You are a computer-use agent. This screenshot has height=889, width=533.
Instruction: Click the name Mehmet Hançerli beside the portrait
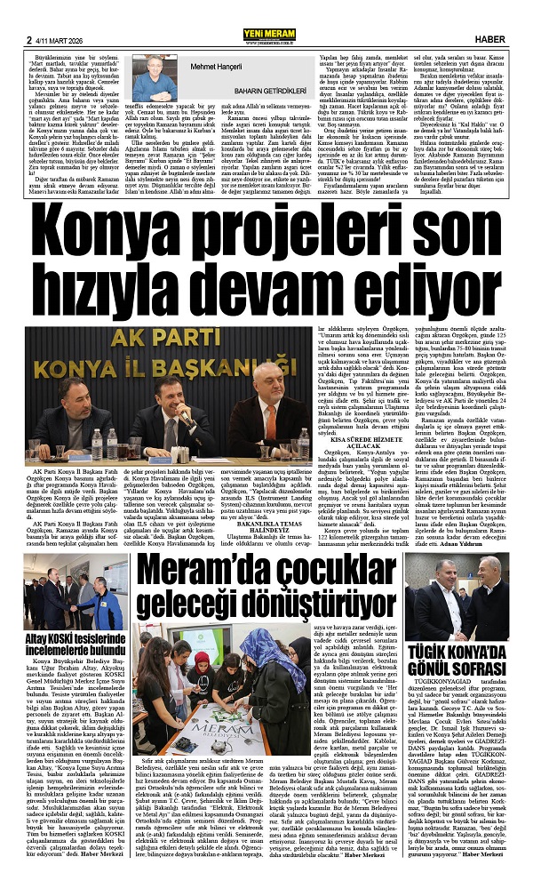[x=217, y=66]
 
